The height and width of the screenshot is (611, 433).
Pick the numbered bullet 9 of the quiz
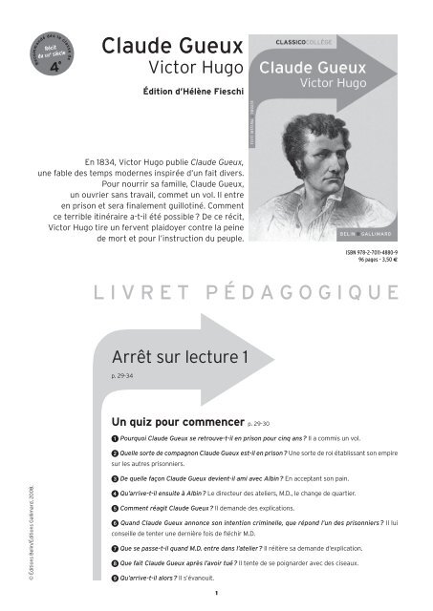point(116,578)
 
